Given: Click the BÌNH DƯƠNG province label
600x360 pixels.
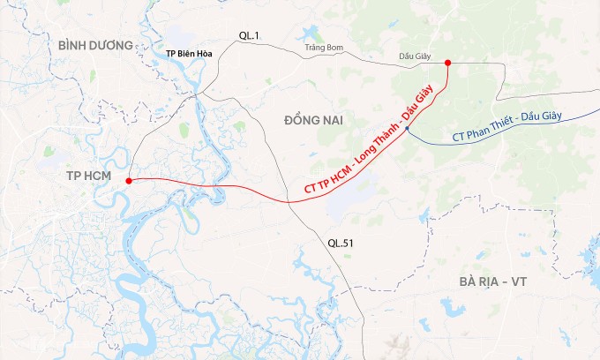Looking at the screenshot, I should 95,45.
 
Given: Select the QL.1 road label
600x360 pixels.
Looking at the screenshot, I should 249,35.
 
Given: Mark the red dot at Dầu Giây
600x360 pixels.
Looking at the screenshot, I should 448,63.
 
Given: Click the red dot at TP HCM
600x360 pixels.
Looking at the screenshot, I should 129,181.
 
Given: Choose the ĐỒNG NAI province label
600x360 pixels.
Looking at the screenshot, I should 313,119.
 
